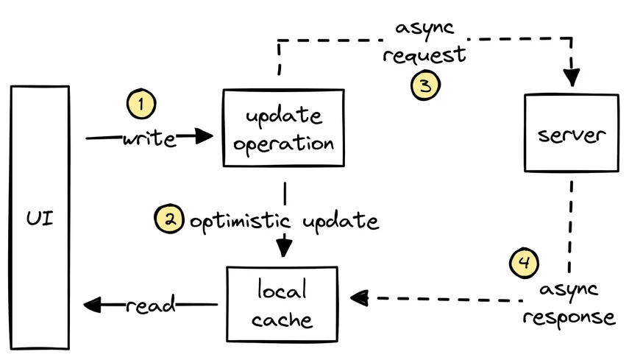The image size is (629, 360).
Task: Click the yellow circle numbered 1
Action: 141,105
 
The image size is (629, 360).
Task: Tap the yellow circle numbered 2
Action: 168,220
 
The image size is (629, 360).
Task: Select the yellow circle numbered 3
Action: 425,85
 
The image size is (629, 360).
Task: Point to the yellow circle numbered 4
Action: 524,262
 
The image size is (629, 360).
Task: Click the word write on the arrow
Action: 149,138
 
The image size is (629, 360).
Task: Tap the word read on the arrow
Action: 152,304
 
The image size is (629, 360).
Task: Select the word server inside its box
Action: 570,135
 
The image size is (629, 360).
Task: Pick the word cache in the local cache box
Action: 282,320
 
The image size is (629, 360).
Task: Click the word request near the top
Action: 424,55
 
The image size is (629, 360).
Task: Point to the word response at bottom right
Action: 572,317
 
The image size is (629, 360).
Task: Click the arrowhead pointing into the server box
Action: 571,77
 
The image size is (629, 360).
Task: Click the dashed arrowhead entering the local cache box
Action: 360,298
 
